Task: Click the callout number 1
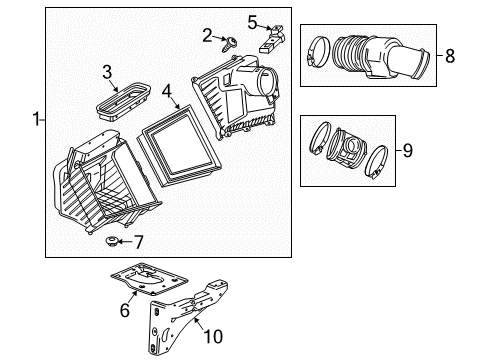(x=36, y=120)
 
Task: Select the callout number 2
(x=207, y=36)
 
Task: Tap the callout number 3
(x=107, y=70)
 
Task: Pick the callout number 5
(x=252, y=20)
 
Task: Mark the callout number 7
(x=139, y=241)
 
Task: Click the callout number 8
(x=449, y=56)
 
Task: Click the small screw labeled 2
(x=228, y=41)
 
